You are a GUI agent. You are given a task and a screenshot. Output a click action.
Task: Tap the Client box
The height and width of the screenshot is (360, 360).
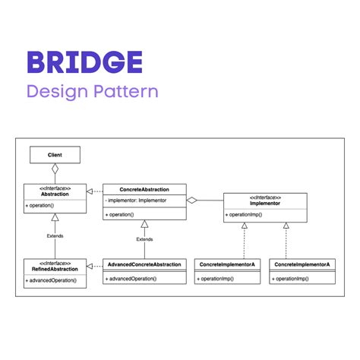55,155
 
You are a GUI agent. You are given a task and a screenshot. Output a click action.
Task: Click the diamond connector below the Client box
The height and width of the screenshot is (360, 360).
55,169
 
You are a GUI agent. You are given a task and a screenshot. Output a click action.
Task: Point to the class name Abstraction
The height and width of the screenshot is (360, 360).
55,194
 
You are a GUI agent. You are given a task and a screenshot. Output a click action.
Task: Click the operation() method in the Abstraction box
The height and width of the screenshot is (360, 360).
43,206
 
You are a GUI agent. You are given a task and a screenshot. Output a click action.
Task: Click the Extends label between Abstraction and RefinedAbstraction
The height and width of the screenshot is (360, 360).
55,235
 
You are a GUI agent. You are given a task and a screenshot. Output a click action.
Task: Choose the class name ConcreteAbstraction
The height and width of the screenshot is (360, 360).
144,188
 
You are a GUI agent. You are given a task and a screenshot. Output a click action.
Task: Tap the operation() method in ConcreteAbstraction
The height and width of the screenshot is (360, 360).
122,214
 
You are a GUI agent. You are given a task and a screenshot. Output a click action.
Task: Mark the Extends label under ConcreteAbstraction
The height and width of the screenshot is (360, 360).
144,239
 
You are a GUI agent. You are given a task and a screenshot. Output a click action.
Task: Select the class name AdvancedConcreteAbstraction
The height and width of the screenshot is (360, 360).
144,265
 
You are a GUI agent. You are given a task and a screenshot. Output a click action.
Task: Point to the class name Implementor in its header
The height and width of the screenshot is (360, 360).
265,204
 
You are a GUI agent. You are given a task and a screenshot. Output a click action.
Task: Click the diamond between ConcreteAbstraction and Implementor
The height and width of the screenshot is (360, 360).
193,201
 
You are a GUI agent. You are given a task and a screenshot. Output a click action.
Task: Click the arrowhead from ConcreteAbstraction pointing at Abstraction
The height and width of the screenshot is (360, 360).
90,190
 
